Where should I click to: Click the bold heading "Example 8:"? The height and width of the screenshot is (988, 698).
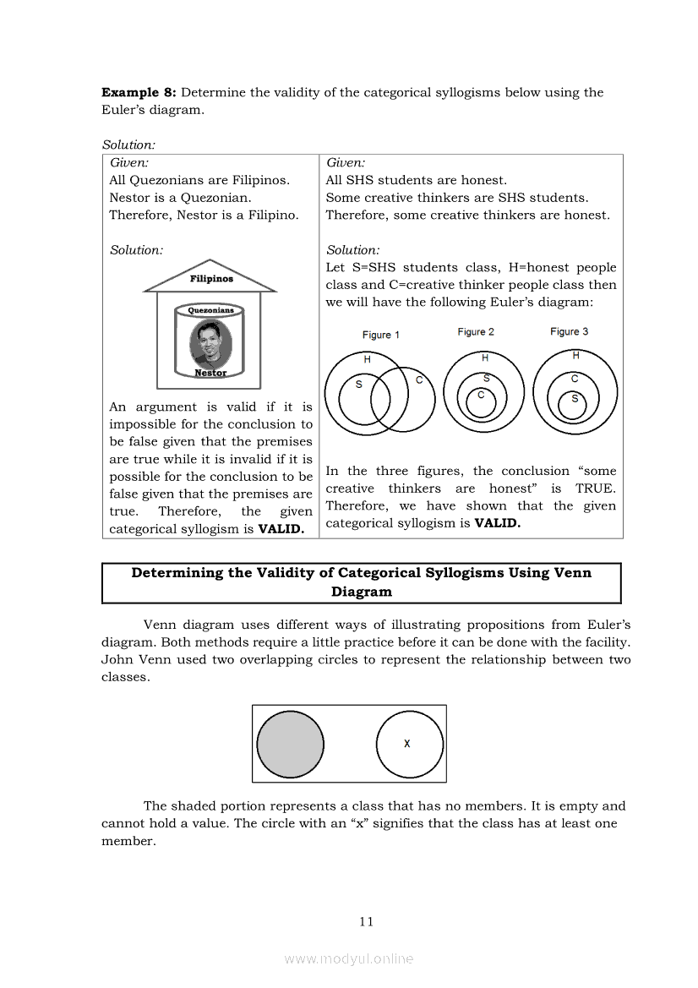139,92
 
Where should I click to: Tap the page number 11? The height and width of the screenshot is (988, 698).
366,921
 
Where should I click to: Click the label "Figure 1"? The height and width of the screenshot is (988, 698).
380,335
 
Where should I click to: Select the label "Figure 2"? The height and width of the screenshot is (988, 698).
476,331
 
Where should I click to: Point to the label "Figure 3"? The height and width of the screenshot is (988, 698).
569,331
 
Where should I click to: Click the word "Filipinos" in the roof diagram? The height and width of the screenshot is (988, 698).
211,278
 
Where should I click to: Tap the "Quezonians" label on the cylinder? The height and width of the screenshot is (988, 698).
211,310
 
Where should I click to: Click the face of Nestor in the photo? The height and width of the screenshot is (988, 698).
210,341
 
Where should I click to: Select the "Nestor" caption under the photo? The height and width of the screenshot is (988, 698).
210,373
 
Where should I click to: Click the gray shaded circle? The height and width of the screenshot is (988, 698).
290,744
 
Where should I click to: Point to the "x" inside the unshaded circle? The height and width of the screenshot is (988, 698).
407,744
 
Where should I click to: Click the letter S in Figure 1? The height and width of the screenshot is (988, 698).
358,385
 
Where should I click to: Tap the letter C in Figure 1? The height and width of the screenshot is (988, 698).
419,380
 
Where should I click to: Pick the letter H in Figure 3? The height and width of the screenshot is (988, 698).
575,356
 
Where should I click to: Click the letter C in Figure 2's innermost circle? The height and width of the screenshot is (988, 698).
481,395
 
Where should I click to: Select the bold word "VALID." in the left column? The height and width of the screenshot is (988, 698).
281,529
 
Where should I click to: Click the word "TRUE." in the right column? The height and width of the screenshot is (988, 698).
595,489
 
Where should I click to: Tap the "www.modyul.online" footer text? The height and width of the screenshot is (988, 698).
349,958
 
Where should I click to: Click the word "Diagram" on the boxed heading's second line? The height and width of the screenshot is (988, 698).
362,592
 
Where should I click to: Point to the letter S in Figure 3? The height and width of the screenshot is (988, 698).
575,398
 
